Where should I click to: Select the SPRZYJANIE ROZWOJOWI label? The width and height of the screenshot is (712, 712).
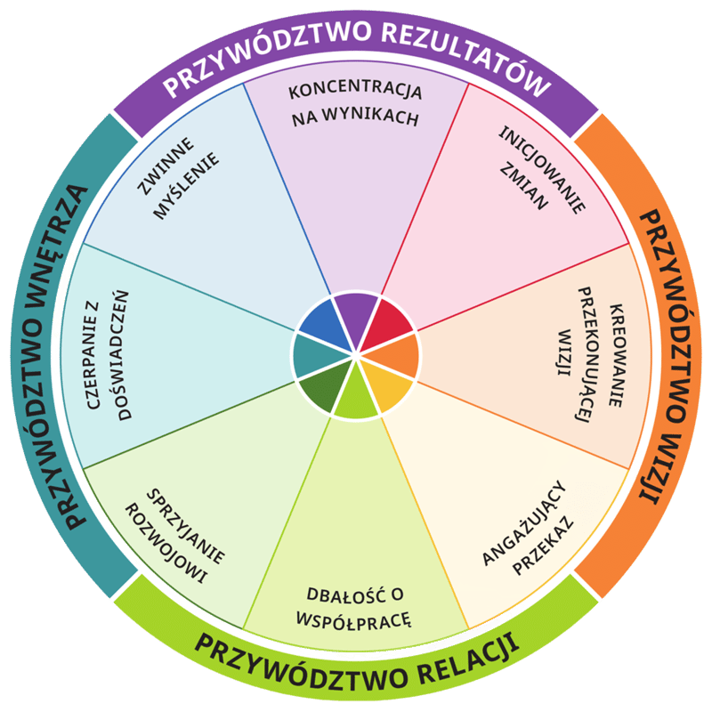pyautogui.click(x=178, y=534)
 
